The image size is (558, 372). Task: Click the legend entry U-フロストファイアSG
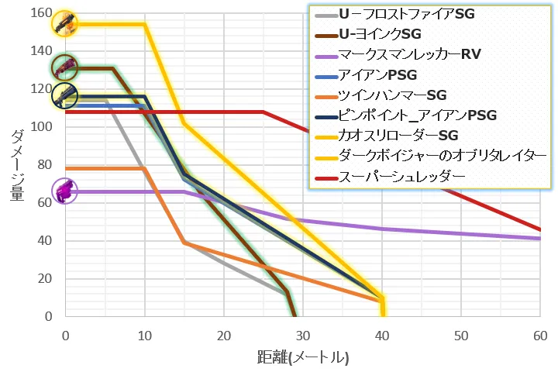(x=406, y=14)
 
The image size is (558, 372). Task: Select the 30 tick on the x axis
(x=303, y=336)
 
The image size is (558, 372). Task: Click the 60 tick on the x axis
(x=540, y=336)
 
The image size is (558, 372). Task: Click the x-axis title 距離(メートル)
(x=303, y=358)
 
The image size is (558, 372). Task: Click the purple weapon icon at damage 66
(x=65, y=191)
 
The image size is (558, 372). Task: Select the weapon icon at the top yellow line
(x=65, y=23)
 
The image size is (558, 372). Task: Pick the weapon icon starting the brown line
(x=65, y=67)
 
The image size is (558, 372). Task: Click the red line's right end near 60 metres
(x=539, y=229)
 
